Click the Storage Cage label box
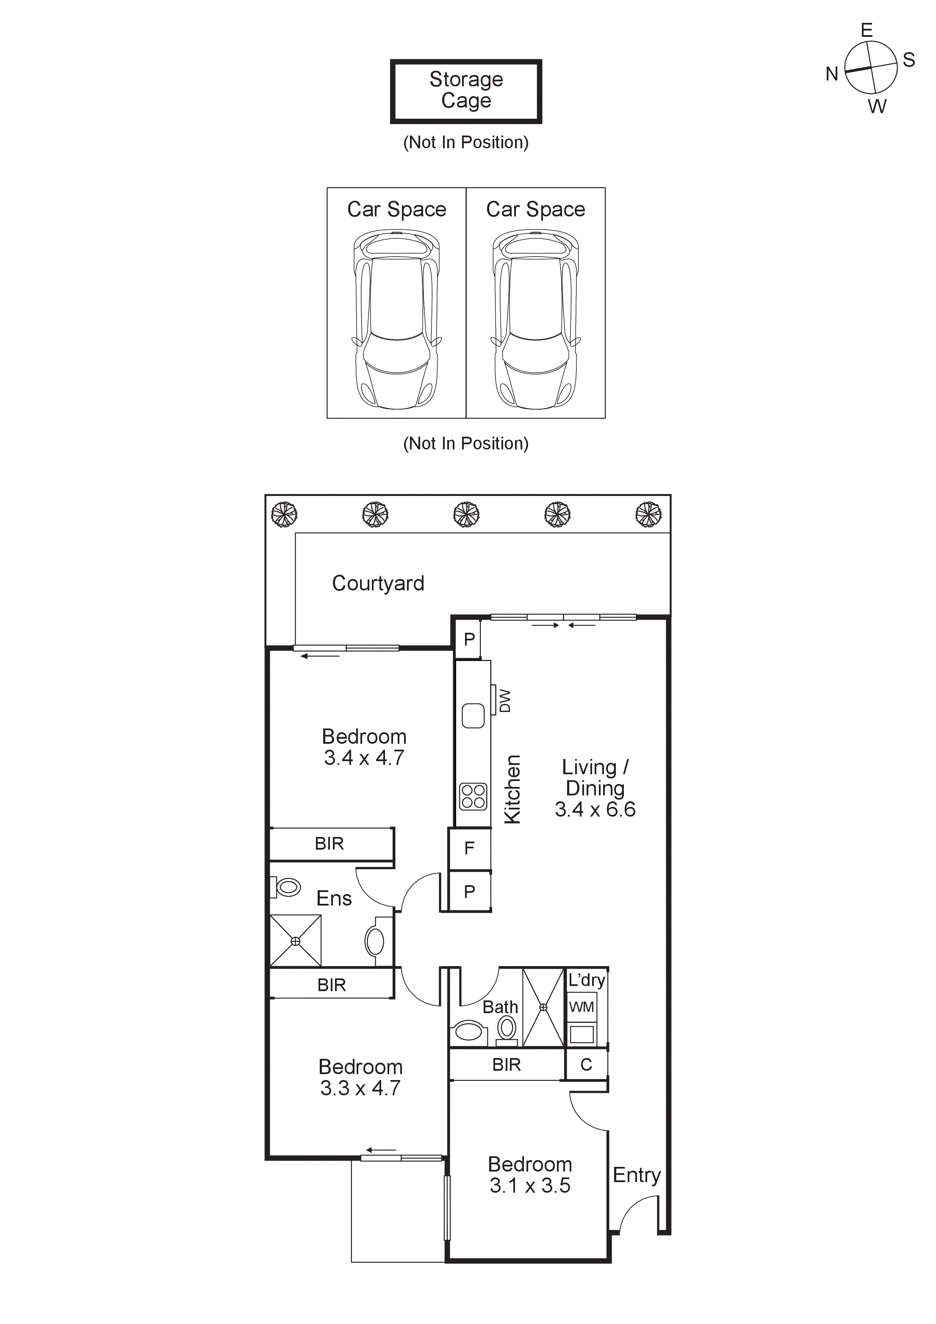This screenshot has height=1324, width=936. tap(466, 91)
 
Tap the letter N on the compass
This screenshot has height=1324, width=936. tap(831, 74)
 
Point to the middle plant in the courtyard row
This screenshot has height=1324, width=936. tap(466, 514)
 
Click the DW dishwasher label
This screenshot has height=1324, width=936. tap(504, 701)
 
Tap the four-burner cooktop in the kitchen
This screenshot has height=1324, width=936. tap(473, 796)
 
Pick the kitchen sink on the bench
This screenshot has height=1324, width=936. tap(473, 716)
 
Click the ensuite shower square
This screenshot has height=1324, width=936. tap(295, 941)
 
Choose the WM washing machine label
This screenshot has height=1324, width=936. tap(582, 1007)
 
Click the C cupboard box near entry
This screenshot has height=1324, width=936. tap(586, 1064)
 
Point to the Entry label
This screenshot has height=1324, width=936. tap(636, 1174)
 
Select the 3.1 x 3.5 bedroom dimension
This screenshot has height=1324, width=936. tap(529, 1186)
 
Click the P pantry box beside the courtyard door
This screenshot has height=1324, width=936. tap(469, 639)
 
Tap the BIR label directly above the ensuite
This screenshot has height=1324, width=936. tap(330, 844)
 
